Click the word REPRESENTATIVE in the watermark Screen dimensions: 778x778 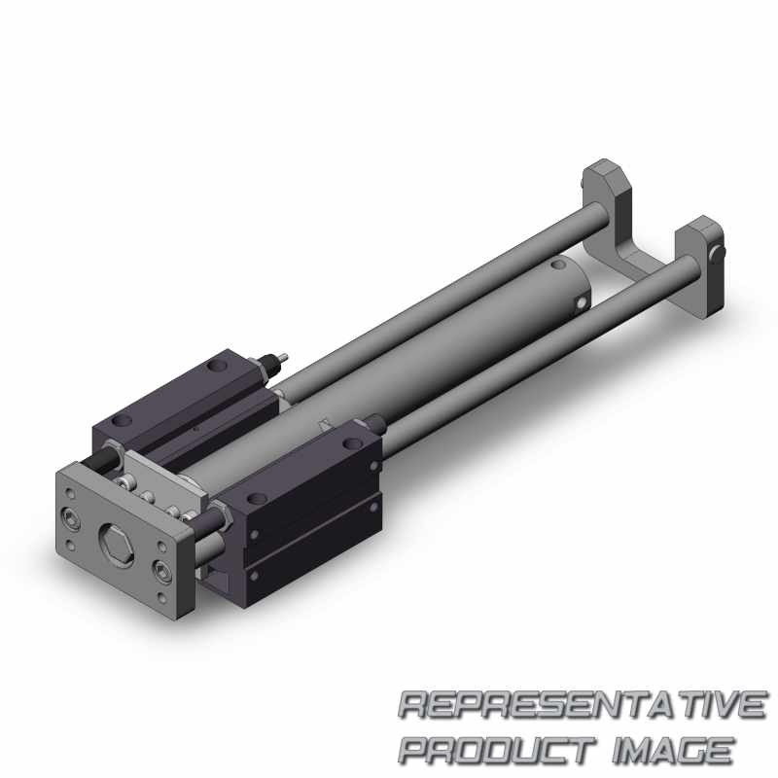582,704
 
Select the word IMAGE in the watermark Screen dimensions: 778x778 673,749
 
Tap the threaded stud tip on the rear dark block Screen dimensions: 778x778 284,356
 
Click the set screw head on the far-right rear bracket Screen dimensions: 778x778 718,253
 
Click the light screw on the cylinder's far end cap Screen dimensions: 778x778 581,302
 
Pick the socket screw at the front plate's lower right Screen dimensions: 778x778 161,569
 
